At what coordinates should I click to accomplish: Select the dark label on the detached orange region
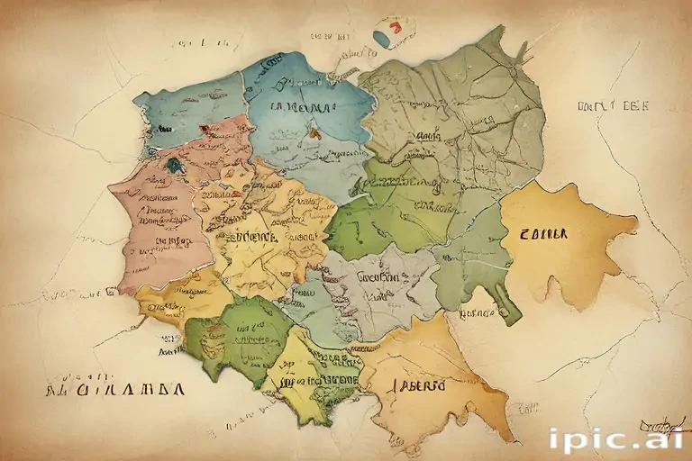point(543,233)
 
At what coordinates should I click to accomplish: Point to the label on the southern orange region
point(417,385)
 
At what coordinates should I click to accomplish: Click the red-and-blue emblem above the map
point(388,32)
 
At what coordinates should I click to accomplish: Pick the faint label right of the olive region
point(612,106)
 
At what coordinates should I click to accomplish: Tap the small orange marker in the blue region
point(314,131)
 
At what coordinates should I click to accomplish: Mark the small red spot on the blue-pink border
point(205,129)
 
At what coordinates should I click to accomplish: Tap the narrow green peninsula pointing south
point(508,302)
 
